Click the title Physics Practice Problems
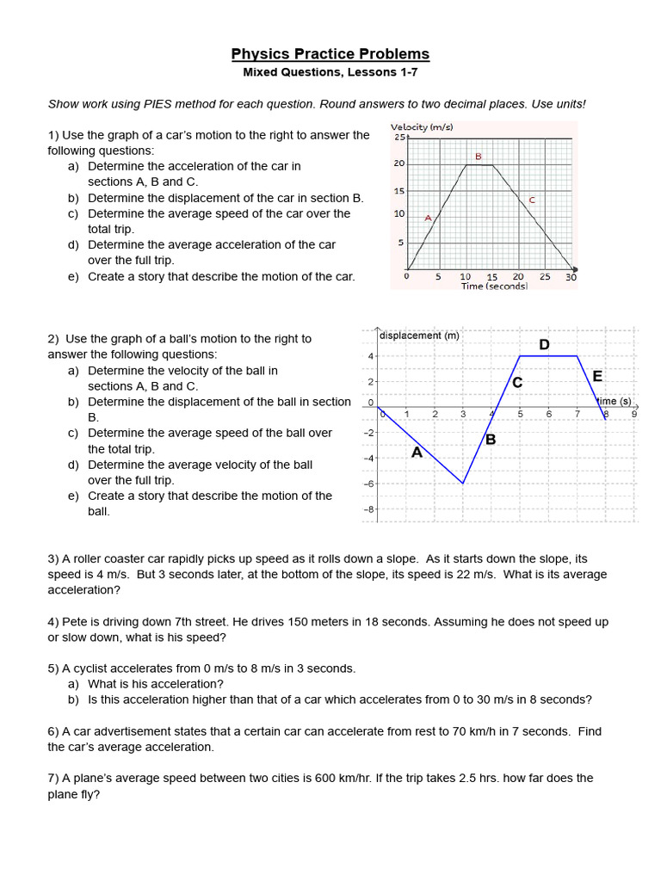(x=330, y=54)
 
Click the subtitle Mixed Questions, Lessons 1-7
(x=330, y=72)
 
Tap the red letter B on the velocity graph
(x=479, y=157)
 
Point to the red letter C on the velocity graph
(x=532, y=200)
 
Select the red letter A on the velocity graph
(x=428, y=219)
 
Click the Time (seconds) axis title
(x=494, y=286)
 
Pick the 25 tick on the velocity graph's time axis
(x=545, y=277)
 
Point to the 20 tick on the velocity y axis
(x=398, y=163)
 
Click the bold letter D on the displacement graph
(x=544, y=345)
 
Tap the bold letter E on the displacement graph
(x=597, y=376)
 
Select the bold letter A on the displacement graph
(x=417, y=453)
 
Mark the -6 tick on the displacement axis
(x=368, y=484)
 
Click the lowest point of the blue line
(x=463, y=484)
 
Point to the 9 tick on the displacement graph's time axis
(x=634, y=414)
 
